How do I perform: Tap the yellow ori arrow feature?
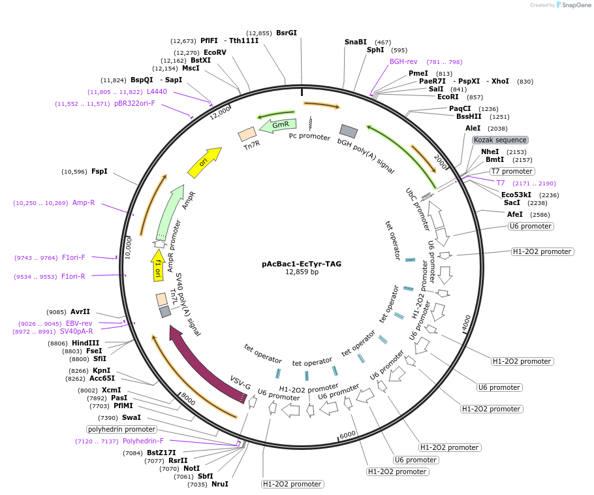click(x=203, y=163)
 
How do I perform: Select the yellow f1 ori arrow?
click(x=158, y=264)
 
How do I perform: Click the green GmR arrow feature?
click(x=279, y=125)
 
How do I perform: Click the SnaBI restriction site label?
click(x=356, y=42)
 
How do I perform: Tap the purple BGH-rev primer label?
click(x=403, y=61)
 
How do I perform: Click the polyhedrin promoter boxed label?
click(x=122, y=429)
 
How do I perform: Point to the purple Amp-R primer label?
click(x=84, y=202)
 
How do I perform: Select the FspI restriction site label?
click(x=99, y=171)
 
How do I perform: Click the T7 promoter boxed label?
click(x=512, y=171)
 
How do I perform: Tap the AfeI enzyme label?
click(x=515, y=214)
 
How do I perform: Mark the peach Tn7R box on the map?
click(x=247, y=134)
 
